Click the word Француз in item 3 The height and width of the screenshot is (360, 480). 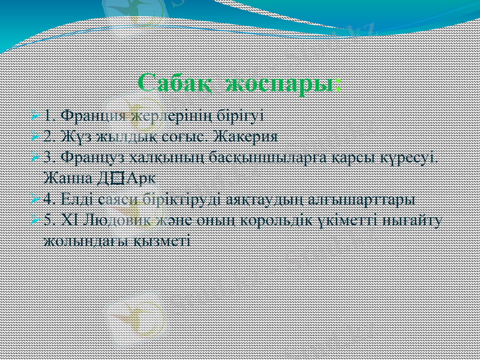click(86, 157)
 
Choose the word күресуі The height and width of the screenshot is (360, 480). click(414, 157)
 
